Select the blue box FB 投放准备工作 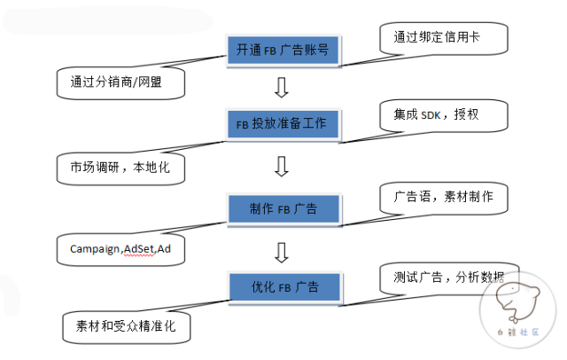[x=282, y=123]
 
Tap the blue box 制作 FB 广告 [x=282, y=209]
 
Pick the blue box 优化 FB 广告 [x=282, y=287]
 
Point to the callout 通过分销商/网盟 [x=121, y=82]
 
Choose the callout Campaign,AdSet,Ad [x=121, y=249]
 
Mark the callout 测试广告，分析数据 [x=443, y=277]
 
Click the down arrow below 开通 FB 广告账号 [x=282, y=87]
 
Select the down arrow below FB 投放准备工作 [x=282, y=166]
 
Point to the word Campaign [x=95, y=249]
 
